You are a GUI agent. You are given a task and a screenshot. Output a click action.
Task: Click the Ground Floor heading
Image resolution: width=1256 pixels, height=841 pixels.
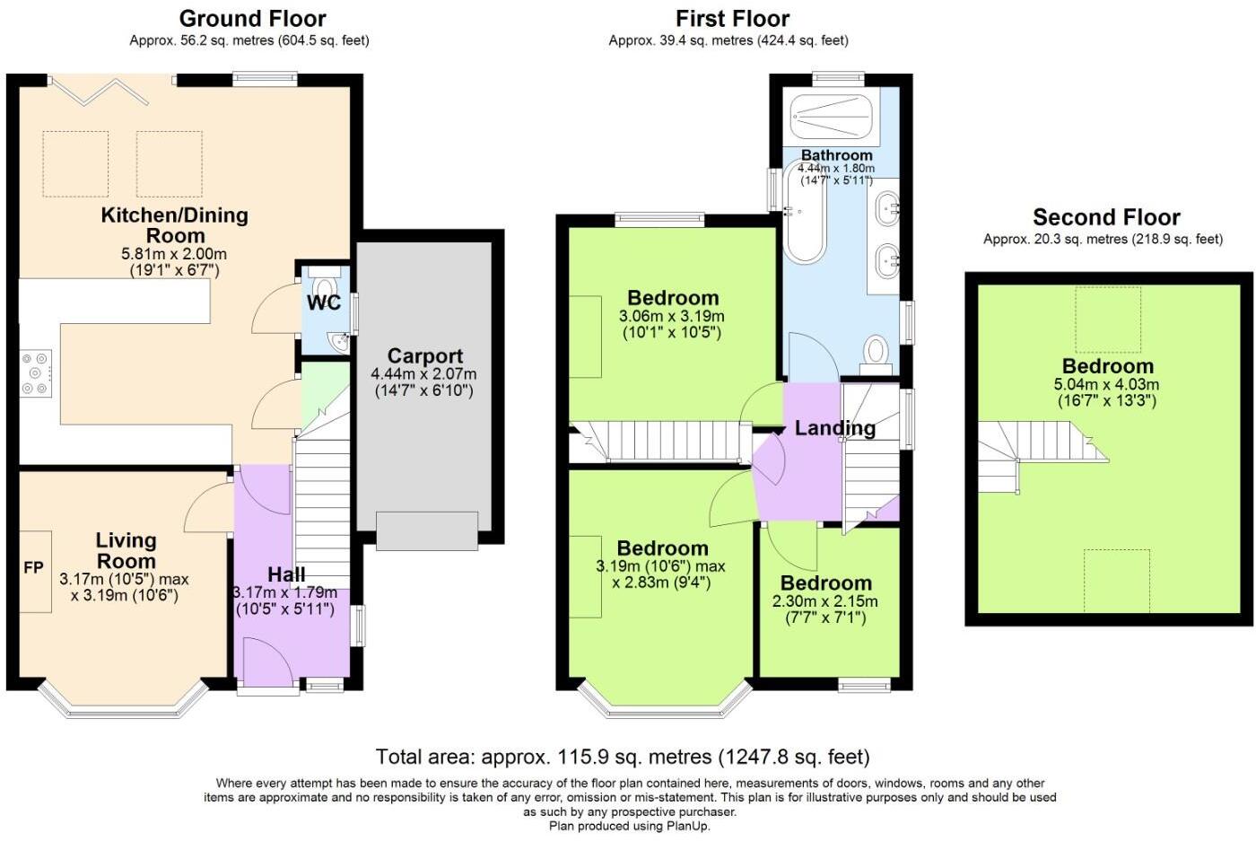pos(252,19)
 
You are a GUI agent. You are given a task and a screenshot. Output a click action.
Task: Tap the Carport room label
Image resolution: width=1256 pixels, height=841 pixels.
pos(425,355)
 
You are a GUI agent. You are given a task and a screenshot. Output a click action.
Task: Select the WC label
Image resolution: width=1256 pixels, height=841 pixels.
pos(324,303)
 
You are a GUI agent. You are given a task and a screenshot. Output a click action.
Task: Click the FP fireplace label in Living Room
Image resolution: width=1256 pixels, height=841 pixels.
pos(34,568)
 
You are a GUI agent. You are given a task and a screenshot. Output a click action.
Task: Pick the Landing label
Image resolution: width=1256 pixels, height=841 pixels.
pos(835,429)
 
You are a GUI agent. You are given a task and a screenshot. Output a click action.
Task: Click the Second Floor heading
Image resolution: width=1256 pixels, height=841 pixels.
pos(1106,216)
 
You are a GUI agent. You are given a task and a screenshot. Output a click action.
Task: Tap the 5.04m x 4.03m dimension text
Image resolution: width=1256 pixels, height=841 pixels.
pos(1106,384)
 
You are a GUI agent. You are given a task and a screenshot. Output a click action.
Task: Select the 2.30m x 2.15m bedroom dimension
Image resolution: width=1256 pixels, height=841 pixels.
pos(824,601)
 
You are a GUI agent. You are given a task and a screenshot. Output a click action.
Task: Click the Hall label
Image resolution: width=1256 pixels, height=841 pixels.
pos(286,574)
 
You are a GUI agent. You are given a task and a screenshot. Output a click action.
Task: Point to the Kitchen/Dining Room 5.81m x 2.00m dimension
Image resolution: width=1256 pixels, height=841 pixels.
pos(174,254)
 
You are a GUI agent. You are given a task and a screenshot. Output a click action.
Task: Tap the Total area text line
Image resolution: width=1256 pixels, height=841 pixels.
pos(623,757)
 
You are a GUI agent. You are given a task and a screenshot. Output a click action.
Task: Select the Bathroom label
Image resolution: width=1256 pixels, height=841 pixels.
pos(836,155)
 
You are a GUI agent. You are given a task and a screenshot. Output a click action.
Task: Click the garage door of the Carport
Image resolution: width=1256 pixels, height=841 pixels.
pos(427,530)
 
